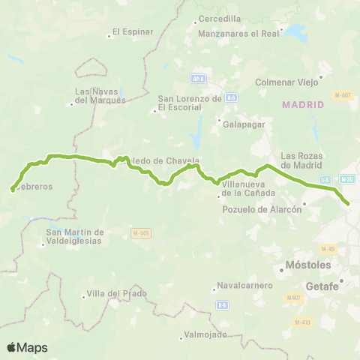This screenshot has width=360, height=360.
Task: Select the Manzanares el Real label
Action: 238,34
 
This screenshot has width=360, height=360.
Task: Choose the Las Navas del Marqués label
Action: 100,96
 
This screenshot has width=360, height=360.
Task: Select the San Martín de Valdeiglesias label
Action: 75,236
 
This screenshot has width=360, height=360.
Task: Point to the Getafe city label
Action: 323,286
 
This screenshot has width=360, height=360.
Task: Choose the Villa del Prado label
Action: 115,293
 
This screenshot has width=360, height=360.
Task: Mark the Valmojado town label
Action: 205,334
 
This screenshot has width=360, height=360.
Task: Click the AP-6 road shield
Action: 198,78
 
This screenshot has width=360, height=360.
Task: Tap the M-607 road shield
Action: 345,94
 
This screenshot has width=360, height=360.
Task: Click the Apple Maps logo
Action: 27,347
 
